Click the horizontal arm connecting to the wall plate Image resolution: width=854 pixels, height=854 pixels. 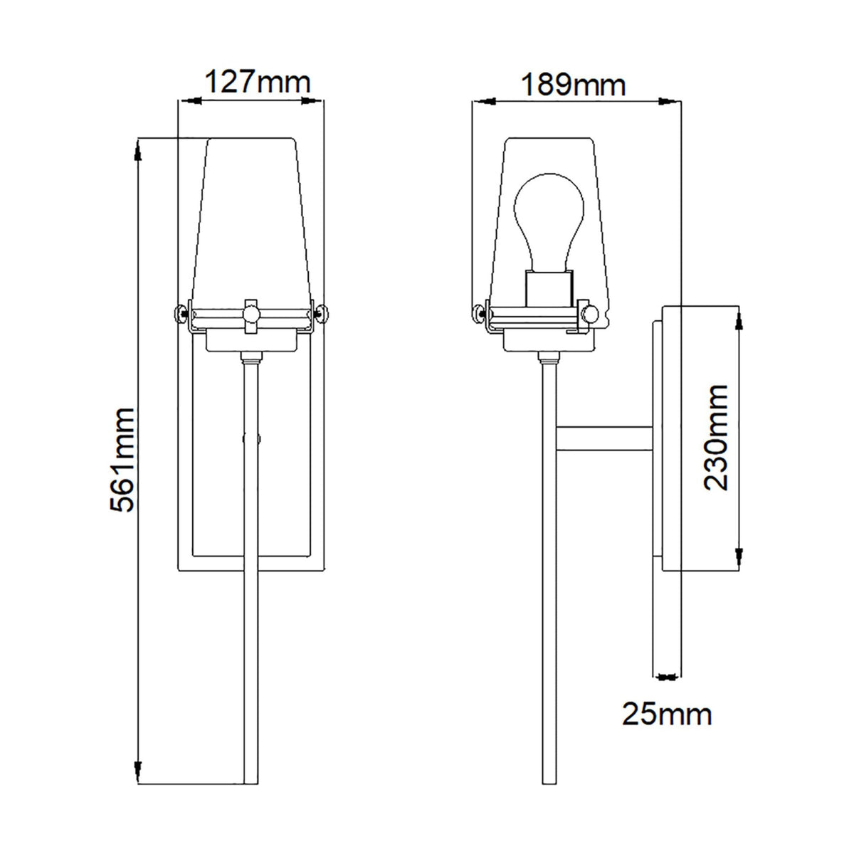point(604,438)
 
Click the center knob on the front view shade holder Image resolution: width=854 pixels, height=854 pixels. point(250,312)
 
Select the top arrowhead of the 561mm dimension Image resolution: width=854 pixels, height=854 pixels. point(138,147)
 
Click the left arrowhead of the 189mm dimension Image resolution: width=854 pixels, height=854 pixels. point(483,102)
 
